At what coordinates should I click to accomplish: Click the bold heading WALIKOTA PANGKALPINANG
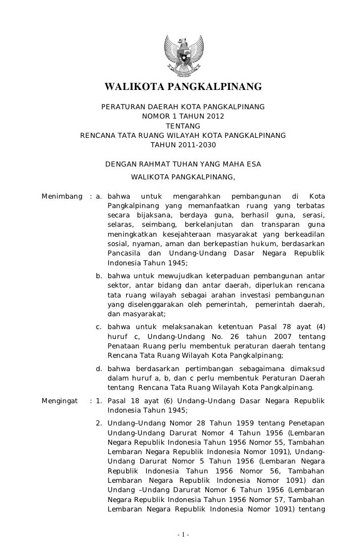[182, 87]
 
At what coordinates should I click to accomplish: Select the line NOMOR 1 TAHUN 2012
[182, 117]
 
